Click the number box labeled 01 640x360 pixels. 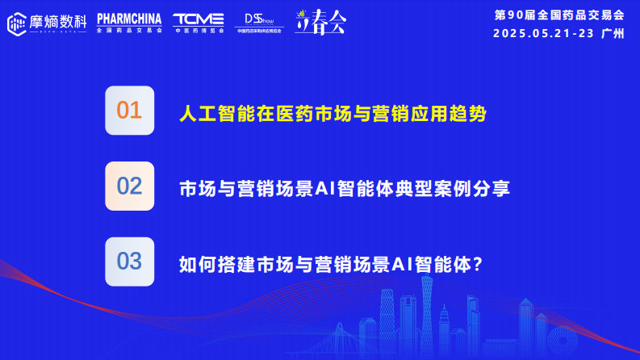click(129, 111)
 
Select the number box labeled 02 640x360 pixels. click(129, 186)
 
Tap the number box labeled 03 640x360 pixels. click(129, 262)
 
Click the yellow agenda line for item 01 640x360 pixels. click(333, 113)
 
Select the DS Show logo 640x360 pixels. click(259, 22)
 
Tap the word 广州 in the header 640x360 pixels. click(613, 34)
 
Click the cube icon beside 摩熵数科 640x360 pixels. click(16, 23)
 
